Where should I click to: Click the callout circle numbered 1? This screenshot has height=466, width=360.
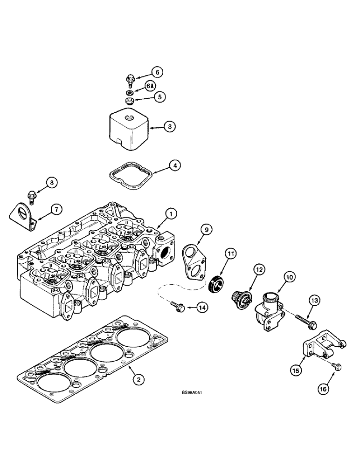point(171,214)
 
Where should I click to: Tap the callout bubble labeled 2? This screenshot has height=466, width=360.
point(137,379)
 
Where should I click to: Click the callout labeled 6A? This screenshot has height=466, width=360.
point(151,86)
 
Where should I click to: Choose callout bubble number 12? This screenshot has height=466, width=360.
point(259,269)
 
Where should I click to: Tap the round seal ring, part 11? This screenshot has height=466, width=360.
point(216,284)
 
